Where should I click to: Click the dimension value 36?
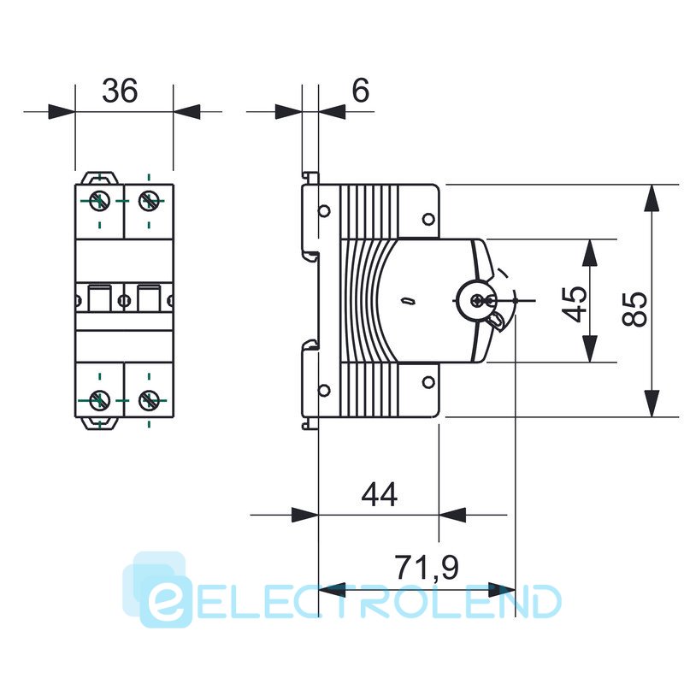pyautogui.click(x=120, y=91)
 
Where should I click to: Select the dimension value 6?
pyautogui.click(x=360, y=91)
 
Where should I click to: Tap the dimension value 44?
pyautogui.click(x=379, y=494)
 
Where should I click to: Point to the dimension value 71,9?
pyautogui.click(x=427, y=568)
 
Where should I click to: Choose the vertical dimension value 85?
pyautogui.click(x=634, y=309)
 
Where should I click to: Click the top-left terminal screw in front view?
pyautogui.click(x=99, y=201)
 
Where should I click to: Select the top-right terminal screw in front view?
pyautogui.click(x=149, y=201)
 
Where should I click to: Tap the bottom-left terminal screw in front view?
pyautogui.click(x=99, y=400)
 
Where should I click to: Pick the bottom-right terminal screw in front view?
pyautogui.click(x=149, y=400)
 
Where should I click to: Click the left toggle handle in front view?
pyautogui.click(x=100, y=298)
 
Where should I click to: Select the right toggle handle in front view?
pyautogui.click(x=149, y=298)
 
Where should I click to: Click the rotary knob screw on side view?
pyautogui.click(x=477, y=300)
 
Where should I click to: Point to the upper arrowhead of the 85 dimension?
pyautogui.click(x=652, y=198)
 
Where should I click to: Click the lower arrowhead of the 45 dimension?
pyautogui.click(x=590, y=349)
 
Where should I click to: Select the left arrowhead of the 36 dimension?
pyautogui.click(x=62, y=112)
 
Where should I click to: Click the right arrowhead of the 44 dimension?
pyautogui.click(x=452, y=515)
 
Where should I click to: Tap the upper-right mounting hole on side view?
pyautogui.click(x=428, y=219)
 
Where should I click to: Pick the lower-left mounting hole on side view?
pyautogui.click(x=324, y=390)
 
